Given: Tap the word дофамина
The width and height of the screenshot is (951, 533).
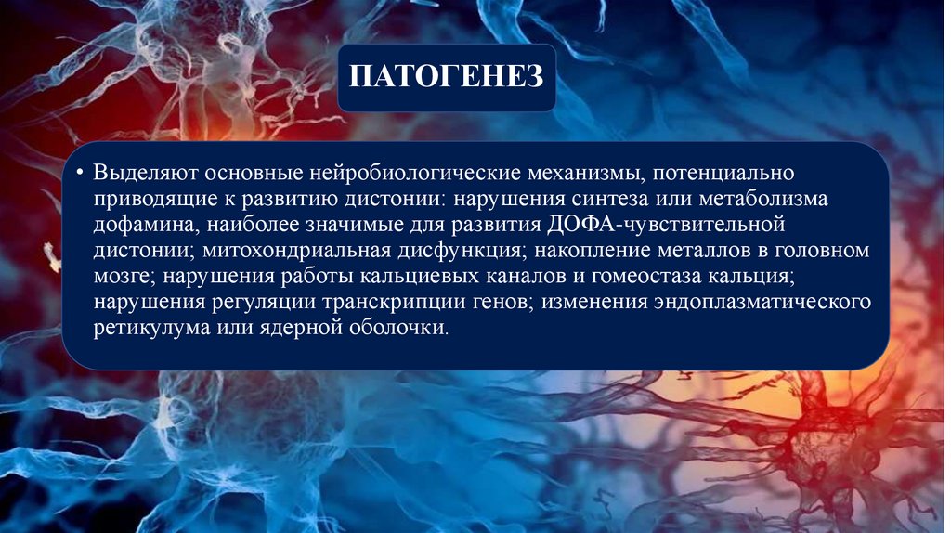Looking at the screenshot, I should coord(137,226).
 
